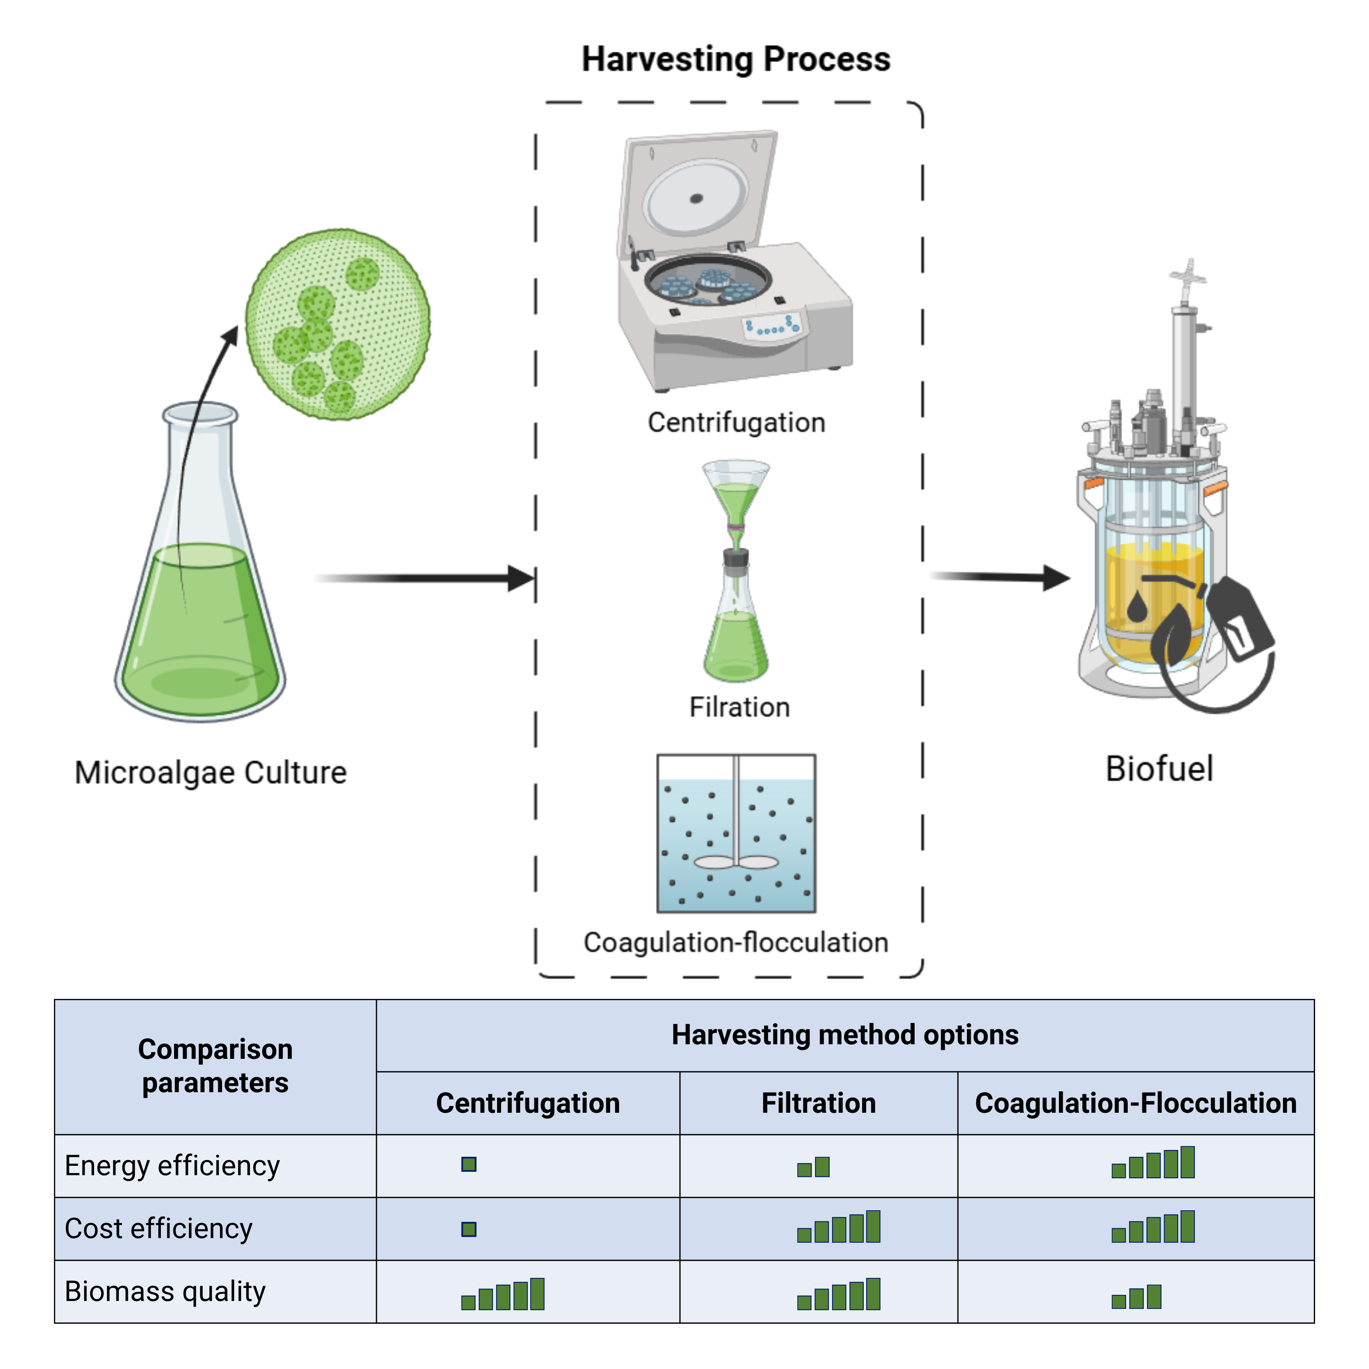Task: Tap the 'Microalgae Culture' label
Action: pos(210,772)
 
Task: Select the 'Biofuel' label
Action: pos(1159,769)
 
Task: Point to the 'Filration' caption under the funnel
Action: pos(739,707)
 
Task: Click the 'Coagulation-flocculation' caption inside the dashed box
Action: pos(735,942)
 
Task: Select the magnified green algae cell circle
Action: pos(338,324)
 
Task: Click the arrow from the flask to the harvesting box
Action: pos(425,578)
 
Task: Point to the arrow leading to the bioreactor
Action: pos(999,577)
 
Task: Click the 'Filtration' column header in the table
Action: pos(818,1103)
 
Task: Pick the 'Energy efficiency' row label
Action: pos(172,1166)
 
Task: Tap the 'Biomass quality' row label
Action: pos(165,1291)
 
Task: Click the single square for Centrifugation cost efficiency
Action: pos(468,1229)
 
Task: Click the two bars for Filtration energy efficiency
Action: pos(813,1166)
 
